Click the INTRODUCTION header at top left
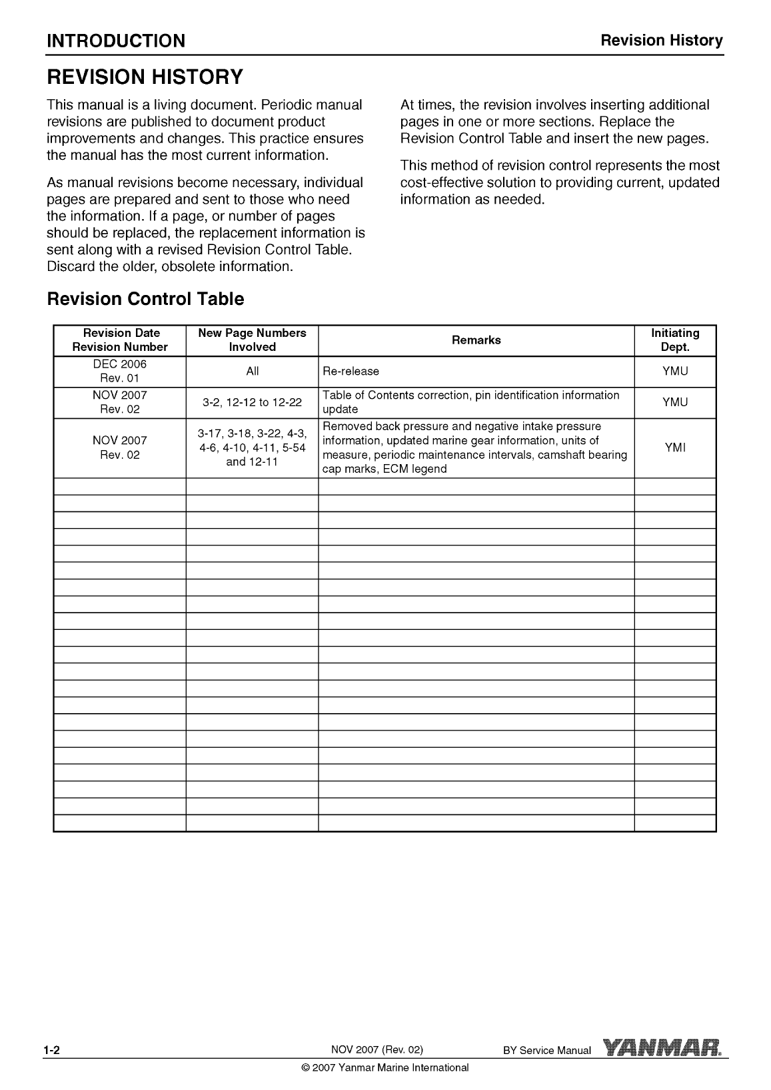[x=116, y=41]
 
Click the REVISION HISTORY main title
[x=145, y=77]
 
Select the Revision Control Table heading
[x=145, y=299]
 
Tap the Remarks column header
[x=476, y=340]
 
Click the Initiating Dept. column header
[x=674, y=340]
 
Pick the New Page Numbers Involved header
[x=252, y=340]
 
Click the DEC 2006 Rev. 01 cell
[x=120, y=372]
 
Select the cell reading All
[x=252, y=372]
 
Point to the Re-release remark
[x=351, y=372]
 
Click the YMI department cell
[x=674, y=448]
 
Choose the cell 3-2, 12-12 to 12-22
[x=252, y=403]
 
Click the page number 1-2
[x=52, y=1051]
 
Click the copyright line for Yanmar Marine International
[x=385, y=1067]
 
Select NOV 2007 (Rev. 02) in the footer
[x=377, y=1050]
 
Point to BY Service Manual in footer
[x=546, y=1051]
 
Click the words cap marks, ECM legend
[x=385, y=469]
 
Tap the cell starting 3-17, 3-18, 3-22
[x=252, y=447]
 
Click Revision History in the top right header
[x=661, y=41]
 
